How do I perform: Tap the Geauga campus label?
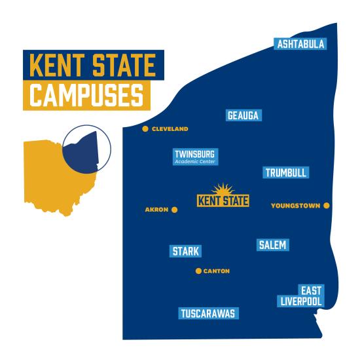pyautogui.click(x=243, y=115)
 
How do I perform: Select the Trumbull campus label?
pyautogui.click(x=286, y=172)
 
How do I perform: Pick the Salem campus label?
pyautogui.click(x=272, y=244)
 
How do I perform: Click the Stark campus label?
pyautogui.click(x=186, y=251)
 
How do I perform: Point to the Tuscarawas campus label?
pyautogui.click(x=208, y=313)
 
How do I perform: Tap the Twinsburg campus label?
pyautogui.click(x=194, y=154)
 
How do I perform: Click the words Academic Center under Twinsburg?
pyautogui.click(x=194, y=161)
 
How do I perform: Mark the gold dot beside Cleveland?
pyautogui.click(x=145, y=129)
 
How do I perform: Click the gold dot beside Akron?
pyautogui.click(x=175, y=210)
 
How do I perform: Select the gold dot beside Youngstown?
pyautogui.click(x=327, y=206)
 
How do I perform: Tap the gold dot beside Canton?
pyautogui.click(x=198, y=271)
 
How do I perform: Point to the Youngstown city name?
pyautogui.click(x=295, y=206)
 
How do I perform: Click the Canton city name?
pyautogui.click(x=217, y=271)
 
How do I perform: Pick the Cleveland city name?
pyautogui.click(x=170, y=129)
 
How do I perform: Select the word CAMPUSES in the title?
pyautogui.click(x=86, y=95)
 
